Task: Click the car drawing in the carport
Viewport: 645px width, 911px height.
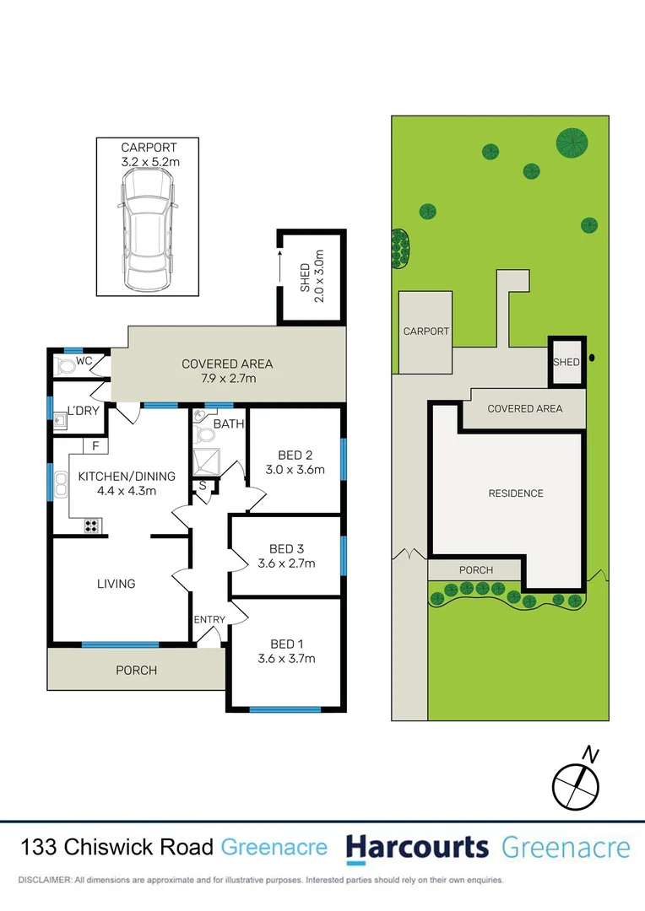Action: (149, 228)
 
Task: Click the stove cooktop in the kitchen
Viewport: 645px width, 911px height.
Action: (92, 526)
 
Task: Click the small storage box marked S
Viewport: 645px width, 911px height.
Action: (203, 486)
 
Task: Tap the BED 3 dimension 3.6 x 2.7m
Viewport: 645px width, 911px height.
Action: (286, 563)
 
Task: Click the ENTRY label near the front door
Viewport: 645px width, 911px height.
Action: (209, 620)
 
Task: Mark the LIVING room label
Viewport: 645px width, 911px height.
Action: (116, 584)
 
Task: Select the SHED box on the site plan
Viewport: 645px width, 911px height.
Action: (566, 362)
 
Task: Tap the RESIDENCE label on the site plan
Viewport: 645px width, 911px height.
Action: (516, 493)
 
